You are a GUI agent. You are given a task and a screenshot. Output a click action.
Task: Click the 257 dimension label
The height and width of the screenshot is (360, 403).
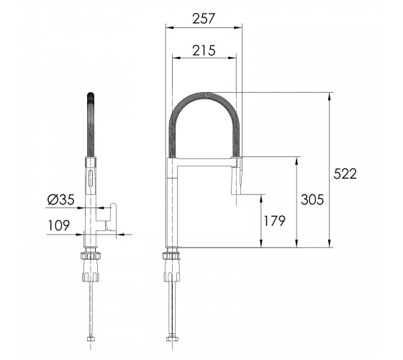pos(203,19)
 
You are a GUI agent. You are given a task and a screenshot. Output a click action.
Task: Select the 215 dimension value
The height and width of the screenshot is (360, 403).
pos(204,50)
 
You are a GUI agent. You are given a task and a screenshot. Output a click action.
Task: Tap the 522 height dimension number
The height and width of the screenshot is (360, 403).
pos(345,174)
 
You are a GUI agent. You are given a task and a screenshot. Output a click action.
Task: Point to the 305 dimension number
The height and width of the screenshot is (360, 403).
pos(312,199)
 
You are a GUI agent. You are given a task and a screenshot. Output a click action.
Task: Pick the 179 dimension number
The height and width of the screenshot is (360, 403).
pos(274,221)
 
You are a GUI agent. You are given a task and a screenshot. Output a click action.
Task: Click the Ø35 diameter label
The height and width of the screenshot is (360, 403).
pos(61,199)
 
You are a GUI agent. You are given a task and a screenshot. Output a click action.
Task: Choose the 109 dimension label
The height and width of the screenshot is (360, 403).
pos(59,225)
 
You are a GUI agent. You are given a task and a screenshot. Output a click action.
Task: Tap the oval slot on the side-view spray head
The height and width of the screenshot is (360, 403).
pos(90,178)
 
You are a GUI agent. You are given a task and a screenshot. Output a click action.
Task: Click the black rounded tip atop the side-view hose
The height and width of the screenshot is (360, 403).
pos(91,96)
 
